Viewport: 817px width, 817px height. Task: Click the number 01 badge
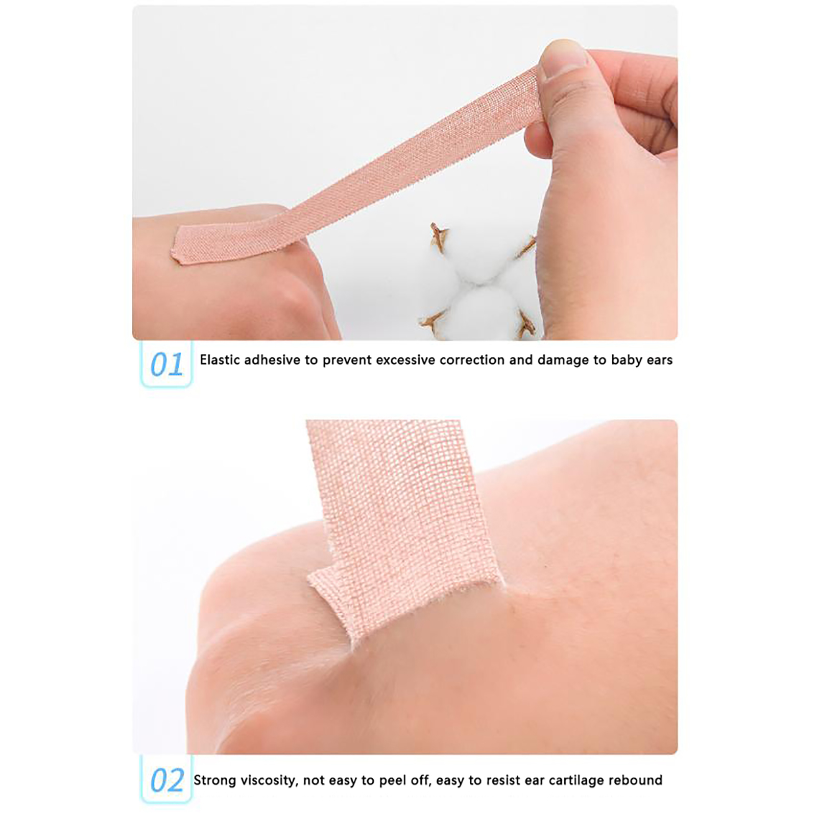click(x=166, y=365)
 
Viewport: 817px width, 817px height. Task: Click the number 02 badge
click(x=166, y=780)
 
